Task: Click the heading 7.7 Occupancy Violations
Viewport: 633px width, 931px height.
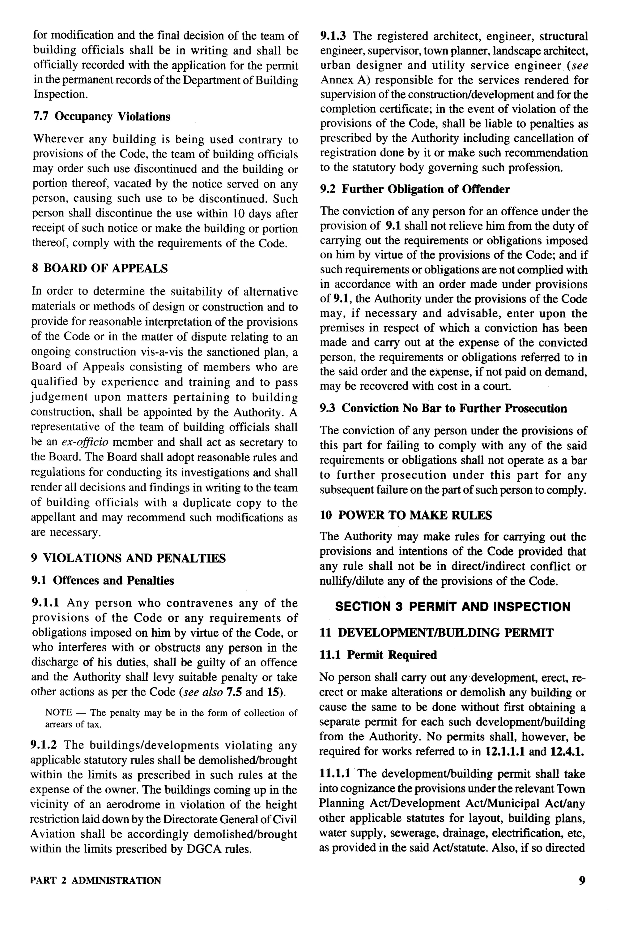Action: (101, 117)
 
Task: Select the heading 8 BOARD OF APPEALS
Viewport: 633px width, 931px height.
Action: (100, 268)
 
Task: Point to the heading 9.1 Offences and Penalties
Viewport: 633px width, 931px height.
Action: (103, 581)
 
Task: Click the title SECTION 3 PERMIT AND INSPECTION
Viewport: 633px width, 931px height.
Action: (452, 607)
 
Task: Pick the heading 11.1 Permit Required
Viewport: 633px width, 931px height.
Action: (378, 655)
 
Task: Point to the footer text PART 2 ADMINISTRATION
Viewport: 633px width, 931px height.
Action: (96, 881)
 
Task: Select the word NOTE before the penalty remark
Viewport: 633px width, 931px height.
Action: (58, 713)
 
